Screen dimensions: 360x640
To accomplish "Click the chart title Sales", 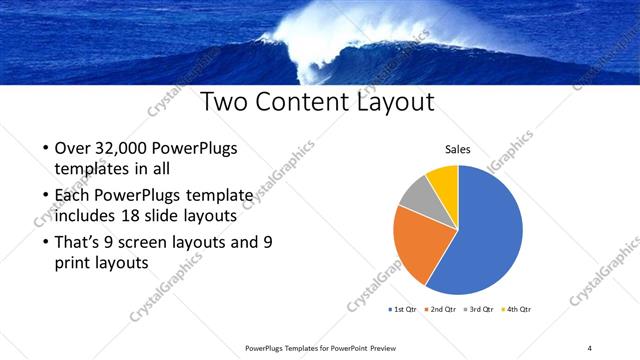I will (458, 150).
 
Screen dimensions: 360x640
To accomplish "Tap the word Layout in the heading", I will (401, 102).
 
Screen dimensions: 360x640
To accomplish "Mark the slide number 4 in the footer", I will (589, 347).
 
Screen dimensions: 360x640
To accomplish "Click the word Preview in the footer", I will (381, 347).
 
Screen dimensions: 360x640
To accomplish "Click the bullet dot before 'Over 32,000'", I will (46, 149).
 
